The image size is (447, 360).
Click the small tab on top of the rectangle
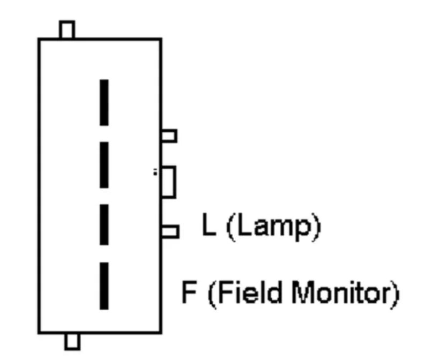click(67, 29)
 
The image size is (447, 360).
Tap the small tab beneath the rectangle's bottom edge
click(72, 341)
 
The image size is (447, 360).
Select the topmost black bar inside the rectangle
click(104, 102)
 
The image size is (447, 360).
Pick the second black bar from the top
click(104, 165)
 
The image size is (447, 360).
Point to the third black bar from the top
click(104, 224)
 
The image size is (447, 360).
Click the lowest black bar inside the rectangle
click(104, 286)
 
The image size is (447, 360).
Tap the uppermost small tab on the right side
click(169, 136)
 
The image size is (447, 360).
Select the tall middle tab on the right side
click(169, 182)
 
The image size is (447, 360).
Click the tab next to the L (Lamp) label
click(170, 231)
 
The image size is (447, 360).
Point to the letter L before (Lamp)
click(208, 224)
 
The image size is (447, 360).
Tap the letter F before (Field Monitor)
click(189, 292)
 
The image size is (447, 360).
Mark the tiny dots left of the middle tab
click(155, 172)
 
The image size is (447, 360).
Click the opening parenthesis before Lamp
click(231, 227)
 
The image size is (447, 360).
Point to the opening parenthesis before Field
click(212, 295)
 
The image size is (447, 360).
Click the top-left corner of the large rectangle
click(39, 39)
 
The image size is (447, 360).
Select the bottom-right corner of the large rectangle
click(161, 332)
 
